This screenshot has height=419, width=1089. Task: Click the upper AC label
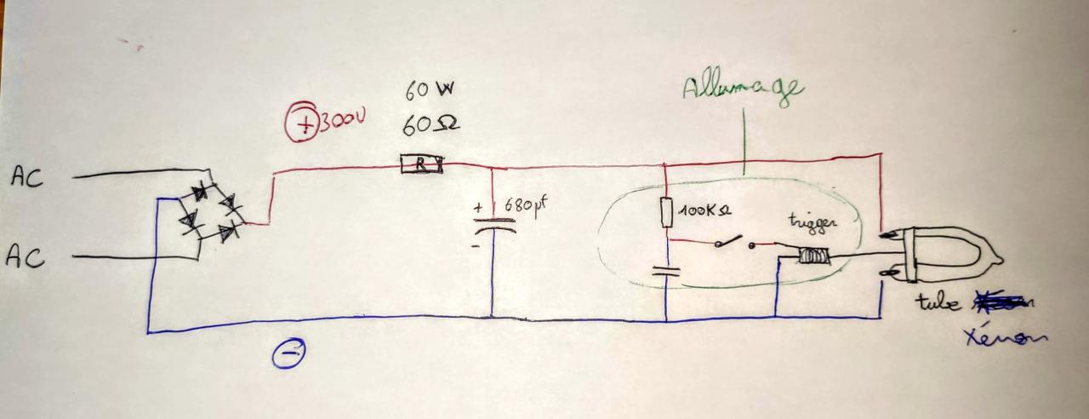click(27, 176)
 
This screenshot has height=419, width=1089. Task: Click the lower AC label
click(26, 255)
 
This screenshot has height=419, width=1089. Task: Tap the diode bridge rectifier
click(209, 213)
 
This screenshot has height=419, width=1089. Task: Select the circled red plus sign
click(301, 123)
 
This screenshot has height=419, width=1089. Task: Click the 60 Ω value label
click(430, 124)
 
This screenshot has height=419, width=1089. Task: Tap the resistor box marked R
click(422, 164)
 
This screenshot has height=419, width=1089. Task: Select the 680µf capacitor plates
click(493, 225)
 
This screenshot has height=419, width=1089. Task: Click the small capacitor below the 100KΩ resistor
click(666, 272)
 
